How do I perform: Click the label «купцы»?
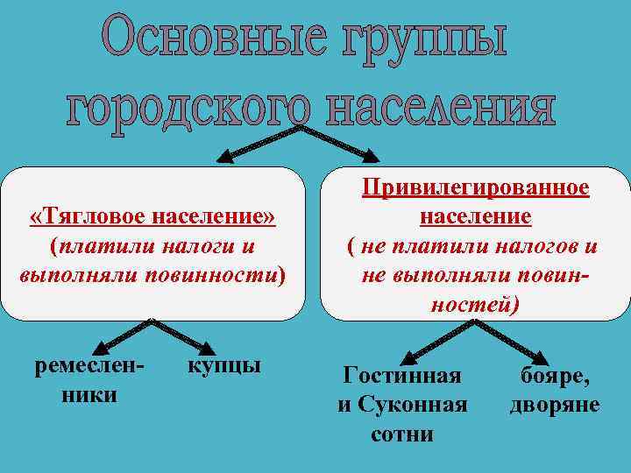click(224, 364)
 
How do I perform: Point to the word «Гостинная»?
click(402, 376)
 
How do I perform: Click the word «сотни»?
click(402, 434)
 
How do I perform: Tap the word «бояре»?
click(555, 376)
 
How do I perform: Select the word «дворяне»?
click(555, 405)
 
